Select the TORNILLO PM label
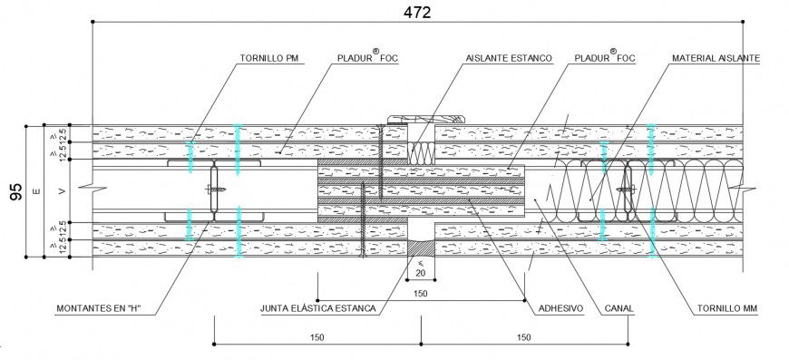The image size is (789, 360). coord(269,58)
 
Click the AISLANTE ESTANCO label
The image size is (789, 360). coord(508,58)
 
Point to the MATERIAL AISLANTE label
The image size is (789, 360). coord(716,58)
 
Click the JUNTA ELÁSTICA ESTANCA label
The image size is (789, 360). coord(317,309)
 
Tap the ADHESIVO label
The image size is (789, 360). coord(560,309)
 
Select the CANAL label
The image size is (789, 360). coord(618,309)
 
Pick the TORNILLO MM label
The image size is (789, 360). coord(727,309)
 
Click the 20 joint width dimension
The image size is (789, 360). coord(421,273)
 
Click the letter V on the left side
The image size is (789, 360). coord(62,191)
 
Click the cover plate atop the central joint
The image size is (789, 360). coord(426,118)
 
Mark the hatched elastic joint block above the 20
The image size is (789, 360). coord(421,247)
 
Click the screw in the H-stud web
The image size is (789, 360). coord(218,190)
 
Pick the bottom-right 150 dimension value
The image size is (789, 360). coord(523,337)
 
